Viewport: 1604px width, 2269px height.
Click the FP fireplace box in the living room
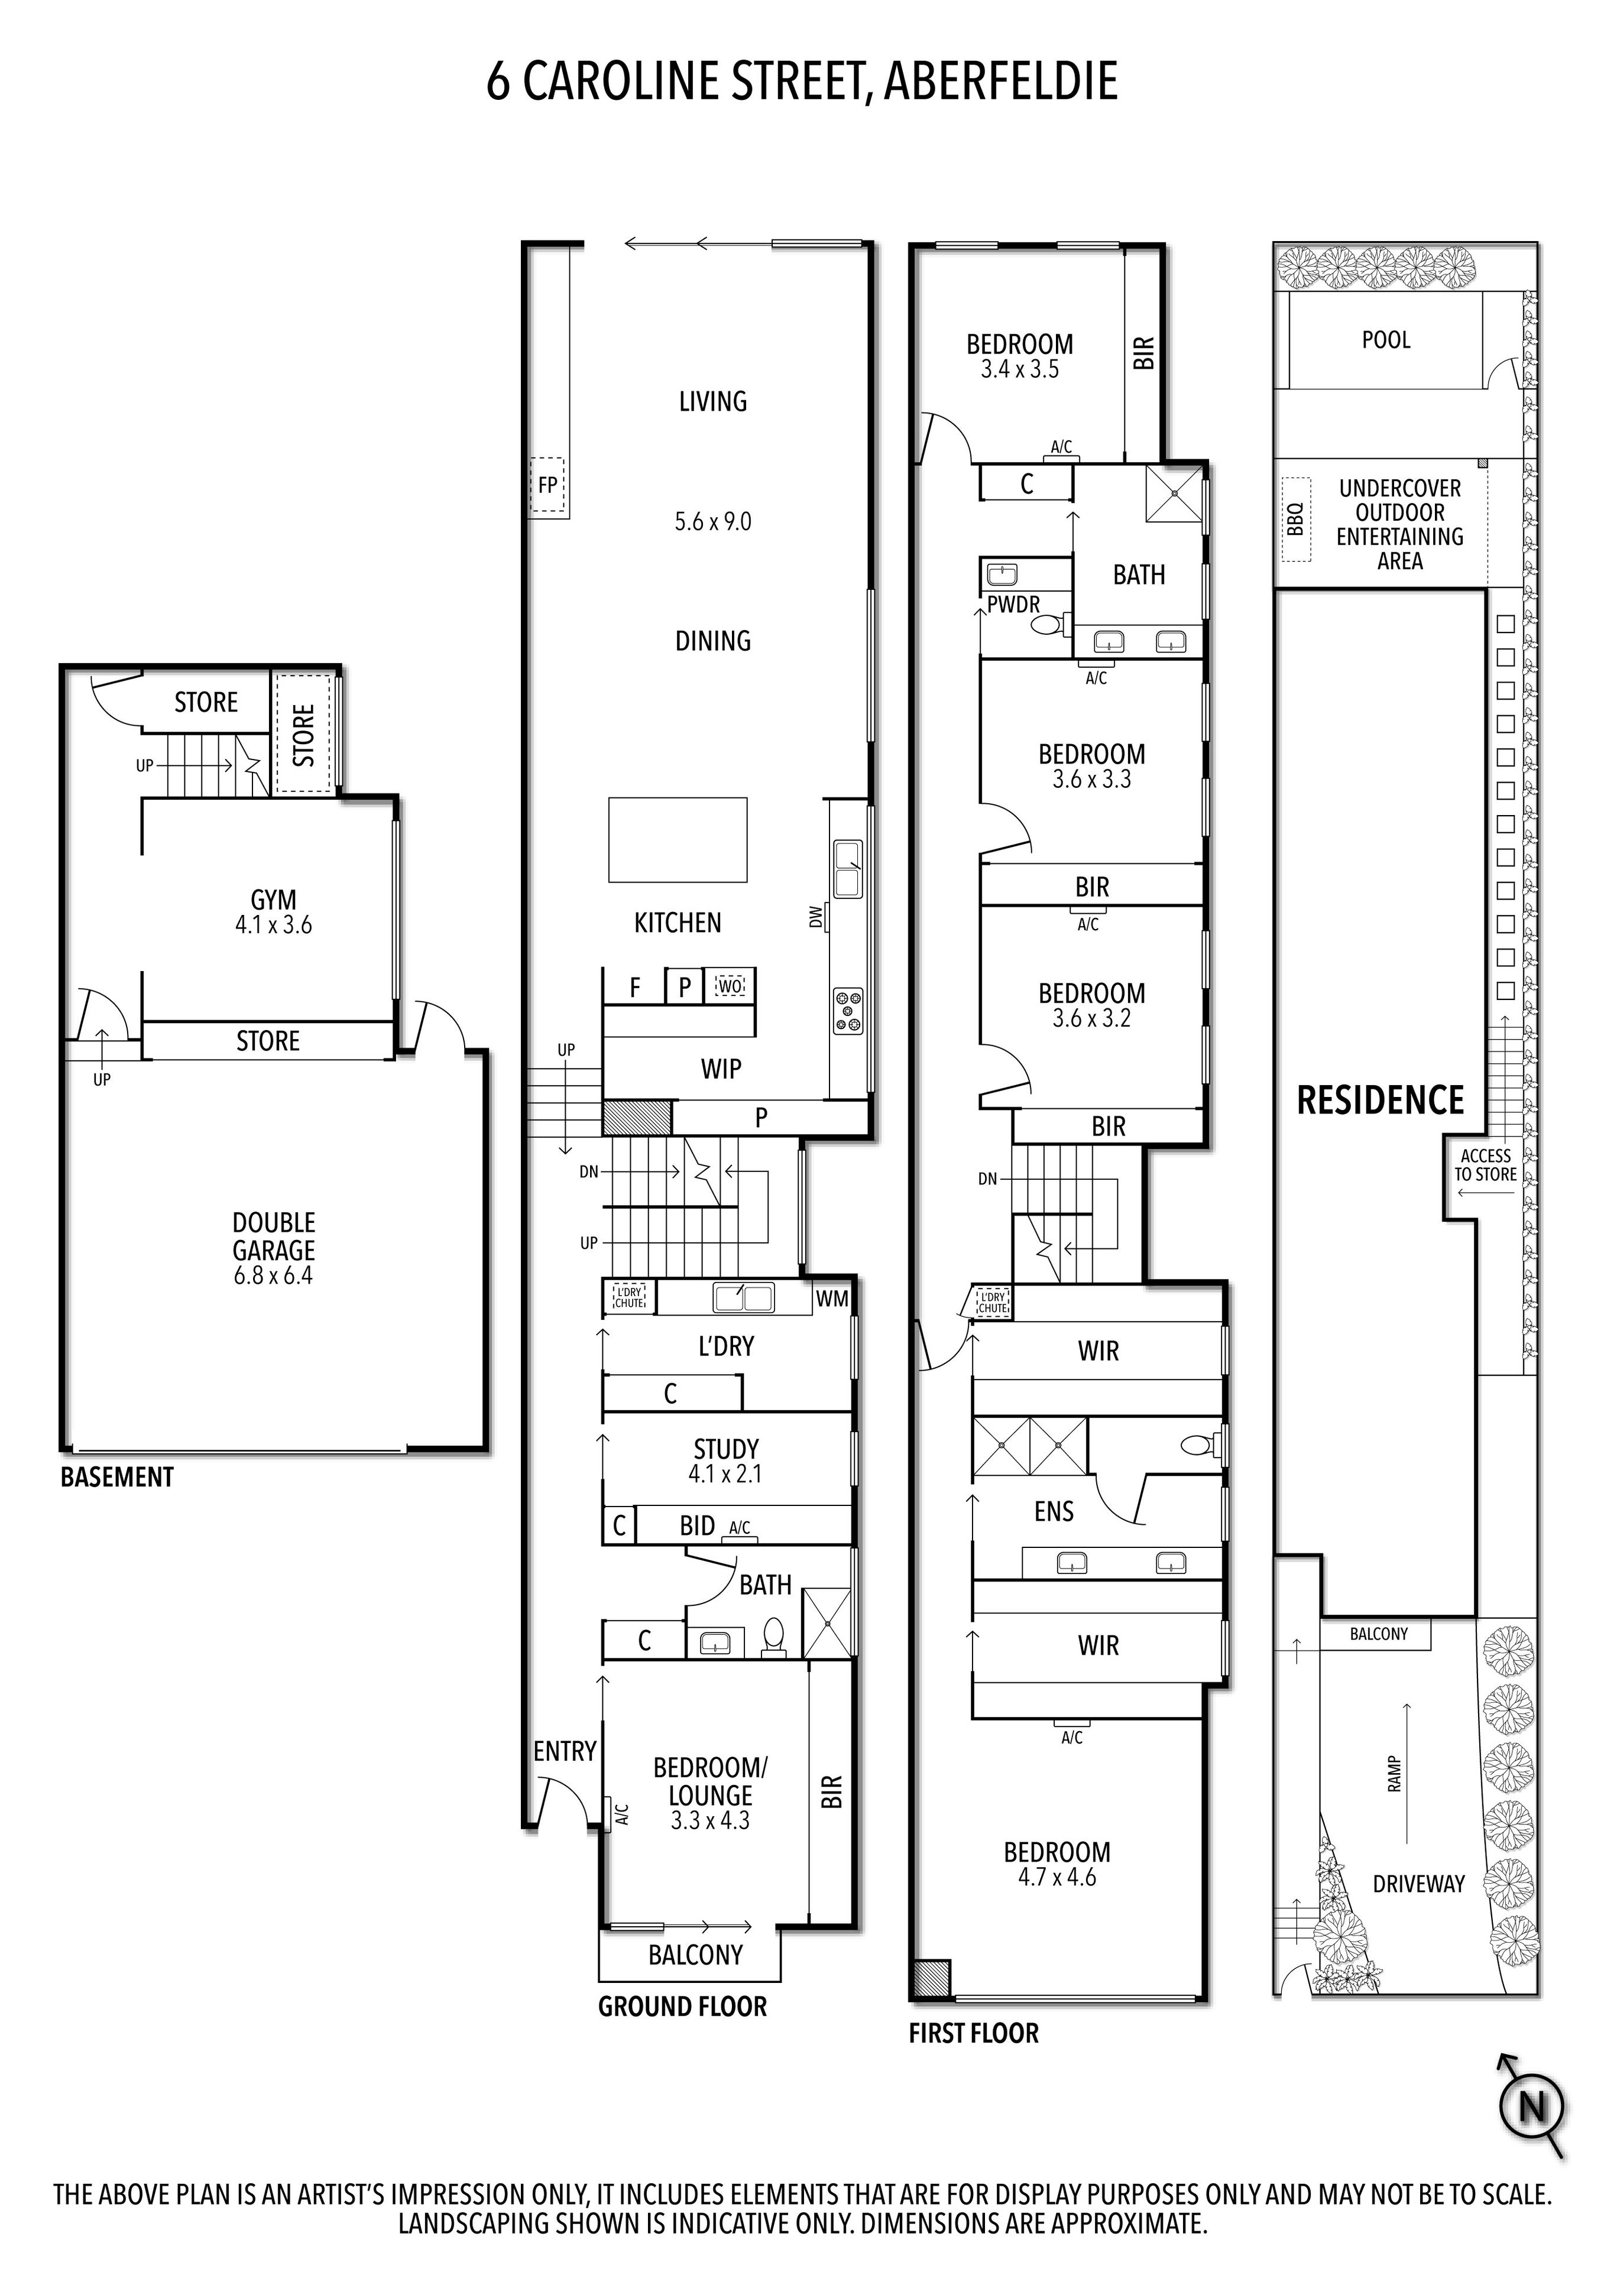547,485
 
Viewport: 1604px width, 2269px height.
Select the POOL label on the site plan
1386,340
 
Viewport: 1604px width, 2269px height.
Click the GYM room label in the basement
273,900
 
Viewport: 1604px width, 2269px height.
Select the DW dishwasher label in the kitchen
815,917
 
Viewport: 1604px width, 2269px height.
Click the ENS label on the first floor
1054,1511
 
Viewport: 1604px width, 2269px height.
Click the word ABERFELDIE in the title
1000,81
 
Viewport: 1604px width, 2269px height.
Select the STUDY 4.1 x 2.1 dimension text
725,1473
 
